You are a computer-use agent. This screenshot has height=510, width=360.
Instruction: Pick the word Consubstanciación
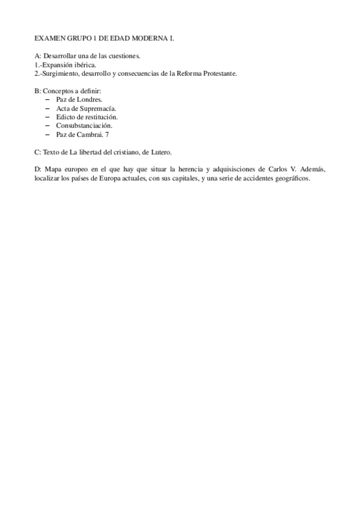pyautogui.click(x=84, y=126)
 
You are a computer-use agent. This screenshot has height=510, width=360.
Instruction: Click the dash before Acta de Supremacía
pyautogui.click(x=47, y=108)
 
